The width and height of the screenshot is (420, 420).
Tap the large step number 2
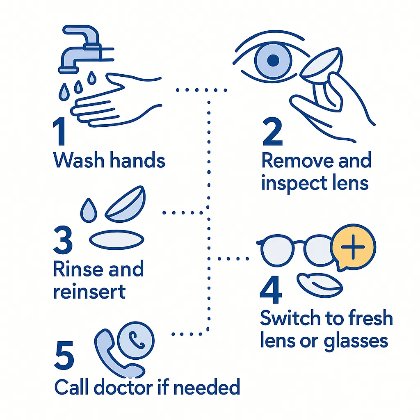point(273,134)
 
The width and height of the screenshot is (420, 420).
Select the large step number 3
point(63,241)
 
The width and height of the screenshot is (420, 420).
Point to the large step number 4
point(272,289)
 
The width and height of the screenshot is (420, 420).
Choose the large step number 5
point(64,356)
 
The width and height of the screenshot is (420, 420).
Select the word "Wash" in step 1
point(78,161)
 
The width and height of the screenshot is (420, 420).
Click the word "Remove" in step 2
point(293,161)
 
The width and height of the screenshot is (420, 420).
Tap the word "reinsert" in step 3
point(89,292)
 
